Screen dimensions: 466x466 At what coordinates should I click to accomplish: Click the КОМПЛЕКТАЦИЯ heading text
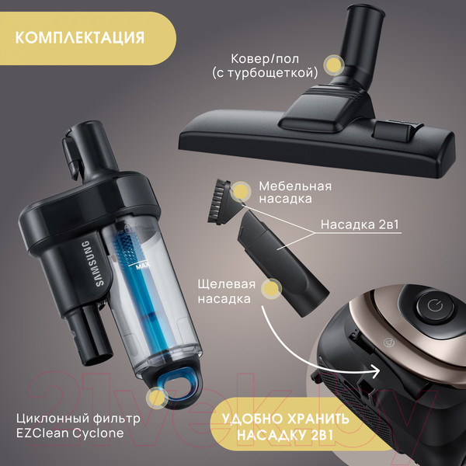[x=80, y=38]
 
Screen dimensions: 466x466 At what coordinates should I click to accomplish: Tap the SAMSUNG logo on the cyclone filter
[x=94, y=263]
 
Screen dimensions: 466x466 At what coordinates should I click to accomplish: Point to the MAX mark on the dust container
[x=143, y=266]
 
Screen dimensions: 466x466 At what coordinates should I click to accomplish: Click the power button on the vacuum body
[x=435, y=305]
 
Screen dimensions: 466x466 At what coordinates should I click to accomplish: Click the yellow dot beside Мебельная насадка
[x=241, y=192]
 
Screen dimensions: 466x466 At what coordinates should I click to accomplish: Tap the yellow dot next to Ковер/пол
[x=334, y=64]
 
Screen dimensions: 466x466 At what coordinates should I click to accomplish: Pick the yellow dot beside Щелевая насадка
[x=271, y=289]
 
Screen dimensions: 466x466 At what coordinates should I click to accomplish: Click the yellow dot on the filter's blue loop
[x=157, y=398]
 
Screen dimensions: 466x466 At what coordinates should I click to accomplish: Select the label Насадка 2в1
[x=360, y=224]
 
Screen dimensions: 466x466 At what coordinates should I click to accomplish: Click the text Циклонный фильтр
[x=78, y=419]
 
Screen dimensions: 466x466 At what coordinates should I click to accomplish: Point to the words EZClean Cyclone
[x=70, y=433]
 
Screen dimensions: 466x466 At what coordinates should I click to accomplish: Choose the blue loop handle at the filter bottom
[x=176, y=384]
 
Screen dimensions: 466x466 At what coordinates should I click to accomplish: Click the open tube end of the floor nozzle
[x=366, y=12]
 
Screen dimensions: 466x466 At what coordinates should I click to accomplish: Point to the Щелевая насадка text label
[x=227, y=291]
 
